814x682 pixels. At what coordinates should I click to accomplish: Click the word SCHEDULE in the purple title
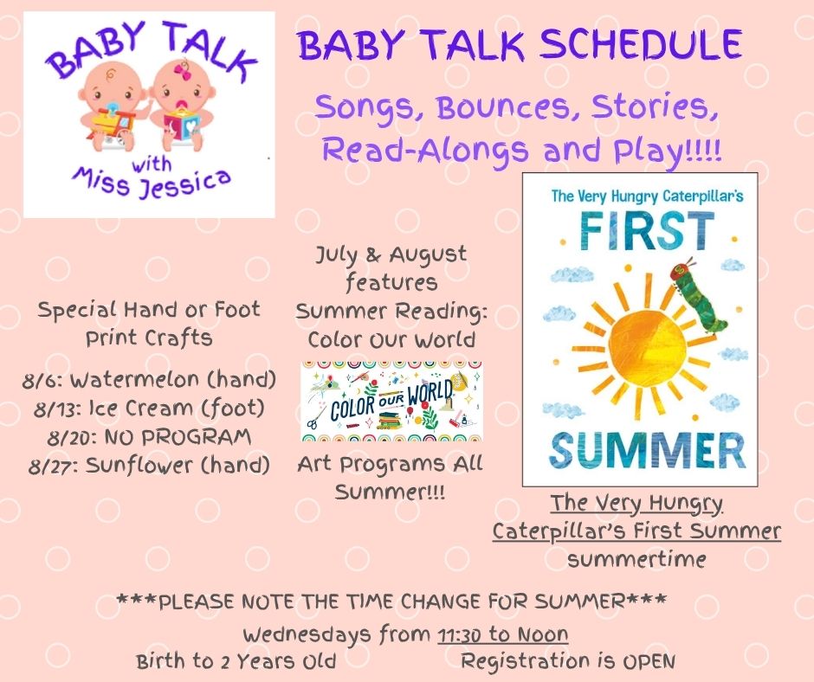[640, 45]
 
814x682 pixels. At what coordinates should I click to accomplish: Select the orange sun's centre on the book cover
[646, 345]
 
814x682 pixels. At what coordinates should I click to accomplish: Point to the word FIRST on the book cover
[647, 231]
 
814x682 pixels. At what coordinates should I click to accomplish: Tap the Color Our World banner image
[392, 402]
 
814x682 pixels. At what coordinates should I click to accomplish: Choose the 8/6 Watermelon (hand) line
[149, 379]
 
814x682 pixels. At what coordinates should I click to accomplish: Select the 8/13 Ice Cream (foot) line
[149, 408]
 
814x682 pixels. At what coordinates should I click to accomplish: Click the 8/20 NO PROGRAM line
[149, 436]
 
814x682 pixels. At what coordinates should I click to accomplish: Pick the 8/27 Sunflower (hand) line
[149, 465]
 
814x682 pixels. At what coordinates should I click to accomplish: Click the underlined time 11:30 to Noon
[503, 634]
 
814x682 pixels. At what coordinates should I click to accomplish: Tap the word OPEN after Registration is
[649, 662]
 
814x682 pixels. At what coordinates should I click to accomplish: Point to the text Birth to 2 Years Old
[236, 662]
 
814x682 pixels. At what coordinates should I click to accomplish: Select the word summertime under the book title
[636, 559]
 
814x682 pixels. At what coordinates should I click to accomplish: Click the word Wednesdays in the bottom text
[307, 634]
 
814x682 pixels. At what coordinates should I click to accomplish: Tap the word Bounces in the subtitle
[503, 107]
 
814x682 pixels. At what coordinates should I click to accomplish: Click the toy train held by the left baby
[112, 123]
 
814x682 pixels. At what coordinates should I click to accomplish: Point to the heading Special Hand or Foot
[149, 310]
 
